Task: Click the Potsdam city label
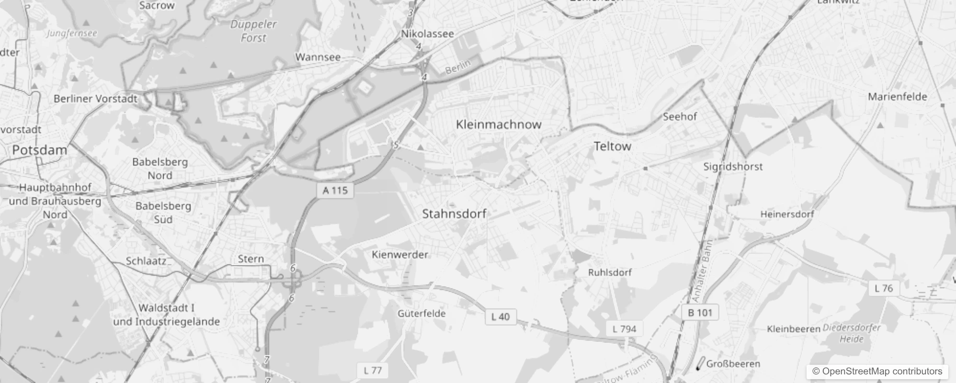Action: [x=40, y=150]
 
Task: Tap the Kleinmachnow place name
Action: [x=499, y=124]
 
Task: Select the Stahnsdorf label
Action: [x=454, y=214]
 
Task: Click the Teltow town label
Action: [x=612, y=146]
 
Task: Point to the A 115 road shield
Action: [x=335, y=191]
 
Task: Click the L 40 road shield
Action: [x=501, y=317]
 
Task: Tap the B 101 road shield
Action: [x=700, y=313]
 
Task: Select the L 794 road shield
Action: [x=625, y=329]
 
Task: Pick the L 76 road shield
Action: [x=884, y=288]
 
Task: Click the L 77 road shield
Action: [x=373, y=371]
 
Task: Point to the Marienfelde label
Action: [x=898, y=97]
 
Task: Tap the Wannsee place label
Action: [x=318, y=57]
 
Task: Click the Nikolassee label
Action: [x=428, y=34]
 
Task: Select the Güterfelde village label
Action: [x=421, y=314]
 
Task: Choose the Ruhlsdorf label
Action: [x=610, y=272]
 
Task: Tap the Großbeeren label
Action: [x=733, y=364]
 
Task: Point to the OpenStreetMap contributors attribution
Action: [x=877, y=372]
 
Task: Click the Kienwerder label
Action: [x=400, y=255]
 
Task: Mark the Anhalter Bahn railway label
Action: [x=702, y=271]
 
